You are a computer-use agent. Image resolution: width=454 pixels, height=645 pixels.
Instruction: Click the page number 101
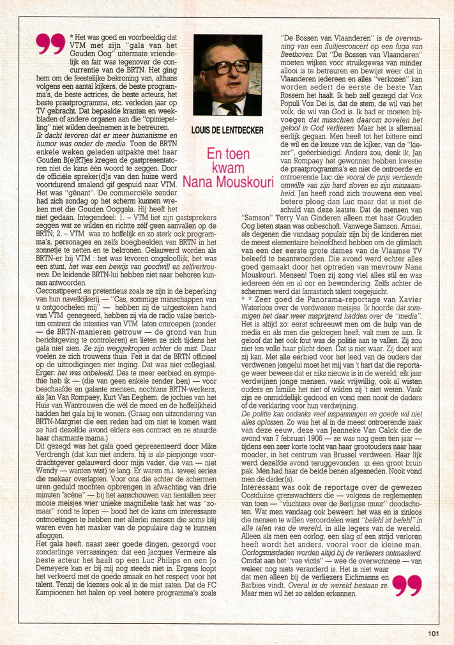(x=434, y=634)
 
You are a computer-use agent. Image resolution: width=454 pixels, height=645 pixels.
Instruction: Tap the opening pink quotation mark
(x=50, y=44)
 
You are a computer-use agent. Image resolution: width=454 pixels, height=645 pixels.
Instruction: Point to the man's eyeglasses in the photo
(x=226, y=66)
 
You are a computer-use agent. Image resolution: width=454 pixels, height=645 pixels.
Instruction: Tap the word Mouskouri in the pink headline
(x=243, y=182)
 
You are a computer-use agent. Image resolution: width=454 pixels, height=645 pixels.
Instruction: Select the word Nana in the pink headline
(x=197, y=182)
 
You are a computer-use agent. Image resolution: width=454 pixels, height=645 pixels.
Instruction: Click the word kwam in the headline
(x=228, y=168)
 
